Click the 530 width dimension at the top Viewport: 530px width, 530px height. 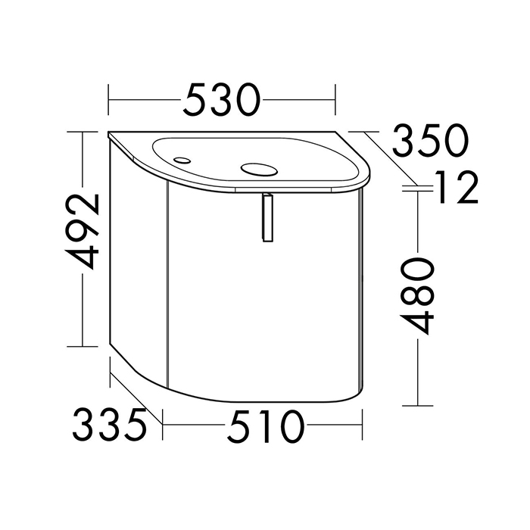tap(222, 100)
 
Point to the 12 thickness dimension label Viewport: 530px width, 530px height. tap(457, 187)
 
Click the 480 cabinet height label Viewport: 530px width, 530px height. tap(416, 296)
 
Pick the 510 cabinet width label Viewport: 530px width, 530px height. tap(267, 426)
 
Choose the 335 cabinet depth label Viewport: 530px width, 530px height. tap(110, 425)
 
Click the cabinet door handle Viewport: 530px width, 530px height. tap(267, 217)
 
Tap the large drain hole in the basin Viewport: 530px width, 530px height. tap(259, 170)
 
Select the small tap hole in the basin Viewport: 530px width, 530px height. tap(182, 160)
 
